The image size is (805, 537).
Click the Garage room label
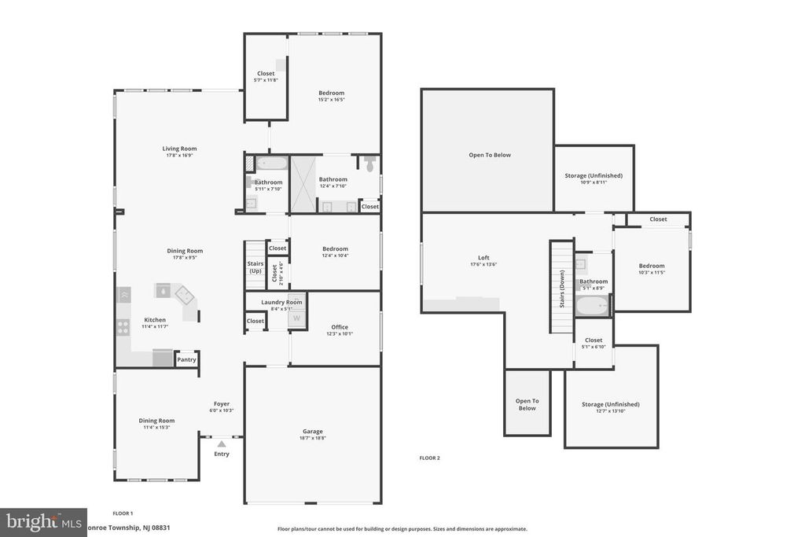point(313,431)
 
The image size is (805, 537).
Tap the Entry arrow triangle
point(222,444)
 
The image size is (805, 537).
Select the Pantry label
point(186,359)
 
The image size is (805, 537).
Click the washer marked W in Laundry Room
point(296,318)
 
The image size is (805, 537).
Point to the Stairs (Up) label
point(255,267)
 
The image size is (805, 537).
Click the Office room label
point(339,327)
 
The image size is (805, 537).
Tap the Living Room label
point(179,149)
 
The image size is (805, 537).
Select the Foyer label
point(222,404)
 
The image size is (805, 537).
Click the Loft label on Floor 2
point(484,257)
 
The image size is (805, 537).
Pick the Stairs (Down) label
point(562,289)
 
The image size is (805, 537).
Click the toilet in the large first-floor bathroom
point(369,164)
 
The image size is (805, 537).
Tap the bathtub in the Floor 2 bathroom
point(592,306)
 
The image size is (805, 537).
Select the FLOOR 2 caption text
point(429,458)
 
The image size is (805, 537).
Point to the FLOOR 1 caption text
point(122,513)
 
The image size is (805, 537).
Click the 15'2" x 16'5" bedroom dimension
point(331,100)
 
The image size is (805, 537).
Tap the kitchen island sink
point(163,290)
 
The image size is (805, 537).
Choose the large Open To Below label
point(490,155)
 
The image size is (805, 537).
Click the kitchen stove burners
point(123,326)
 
